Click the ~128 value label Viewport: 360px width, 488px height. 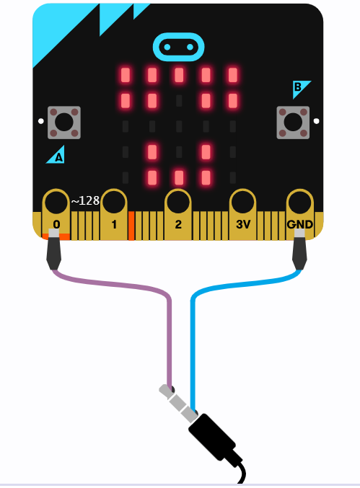[85, 200]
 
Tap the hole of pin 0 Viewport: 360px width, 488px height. [56, 203]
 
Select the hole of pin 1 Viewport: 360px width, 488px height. [114, 203]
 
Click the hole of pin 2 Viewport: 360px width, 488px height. [178, 203]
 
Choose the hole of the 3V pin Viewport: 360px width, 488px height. [242, 203]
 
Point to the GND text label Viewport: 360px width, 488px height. [299, 224]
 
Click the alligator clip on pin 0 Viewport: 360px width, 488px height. [53, 249]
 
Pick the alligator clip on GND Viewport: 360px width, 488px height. [299, 249]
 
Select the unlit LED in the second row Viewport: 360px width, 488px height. [179, 101]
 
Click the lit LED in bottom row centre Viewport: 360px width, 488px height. [179, 178]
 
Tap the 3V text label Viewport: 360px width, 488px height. [243, 224]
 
